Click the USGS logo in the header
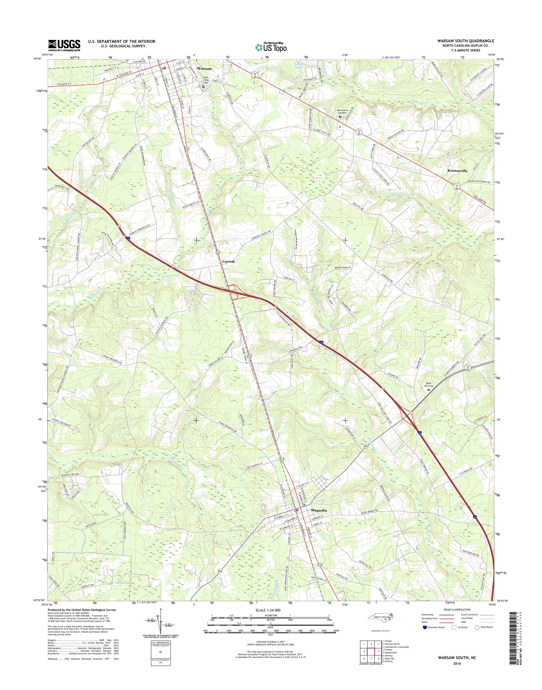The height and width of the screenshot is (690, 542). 64,46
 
